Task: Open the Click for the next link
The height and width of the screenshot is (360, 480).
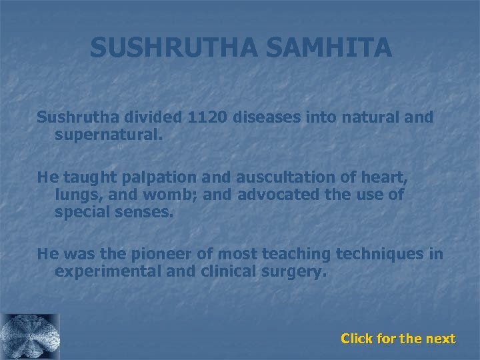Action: pos(398,339)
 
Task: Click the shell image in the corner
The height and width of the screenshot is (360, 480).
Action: pos(30,337)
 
